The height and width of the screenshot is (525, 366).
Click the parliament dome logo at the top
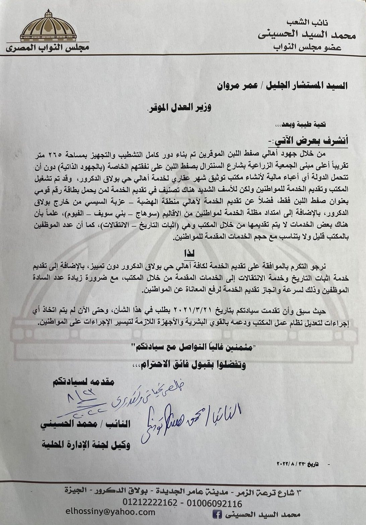point(48,27)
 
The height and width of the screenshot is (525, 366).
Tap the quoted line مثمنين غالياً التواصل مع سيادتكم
point(191,347)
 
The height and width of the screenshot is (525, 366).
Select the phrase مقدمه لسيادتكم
point(83,382)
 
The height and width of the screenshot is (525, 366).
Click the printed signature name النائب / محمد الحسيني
point(85,424)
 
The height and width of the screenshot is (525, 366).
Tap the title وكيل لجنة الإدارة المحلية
point(86,445)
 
